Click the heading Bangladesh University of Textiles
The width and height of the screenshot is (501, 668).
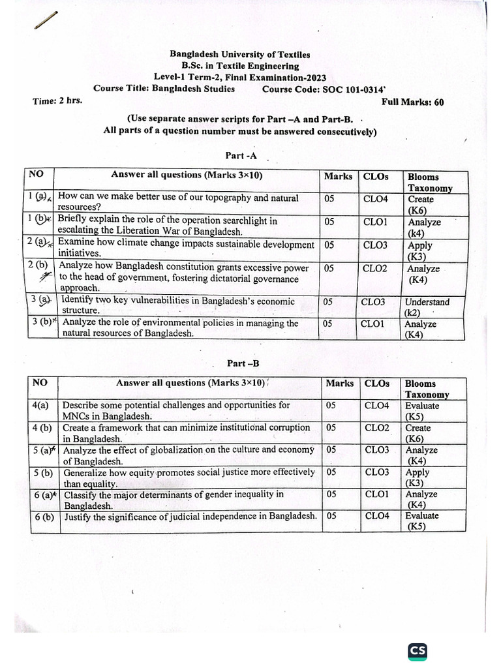(240, 55)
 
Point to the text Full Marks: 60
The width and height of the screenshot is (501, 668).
(412, 102)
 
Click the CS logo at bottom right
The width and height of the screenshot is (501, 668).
(417, 652)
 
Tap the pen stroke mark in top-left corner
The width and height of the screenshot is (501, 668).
(48, 20)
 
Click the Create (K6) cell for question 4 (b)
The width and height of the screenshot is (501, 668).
(417, 433)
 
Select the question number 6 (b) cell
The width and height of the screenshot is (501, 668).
(44, 517)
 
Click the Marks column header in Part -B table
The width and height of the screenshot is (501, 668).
(339, 384)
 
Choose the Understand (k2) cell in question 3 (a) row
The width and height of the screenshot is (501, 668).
(427, 307)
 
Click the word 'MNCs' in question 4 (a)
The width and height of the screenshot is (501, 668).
(76, 416)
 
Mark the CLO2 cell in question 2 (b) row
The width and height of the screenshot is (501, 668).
(374, 268)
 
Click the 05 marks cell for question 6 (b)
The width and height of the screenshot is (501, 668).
(331, 515)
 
